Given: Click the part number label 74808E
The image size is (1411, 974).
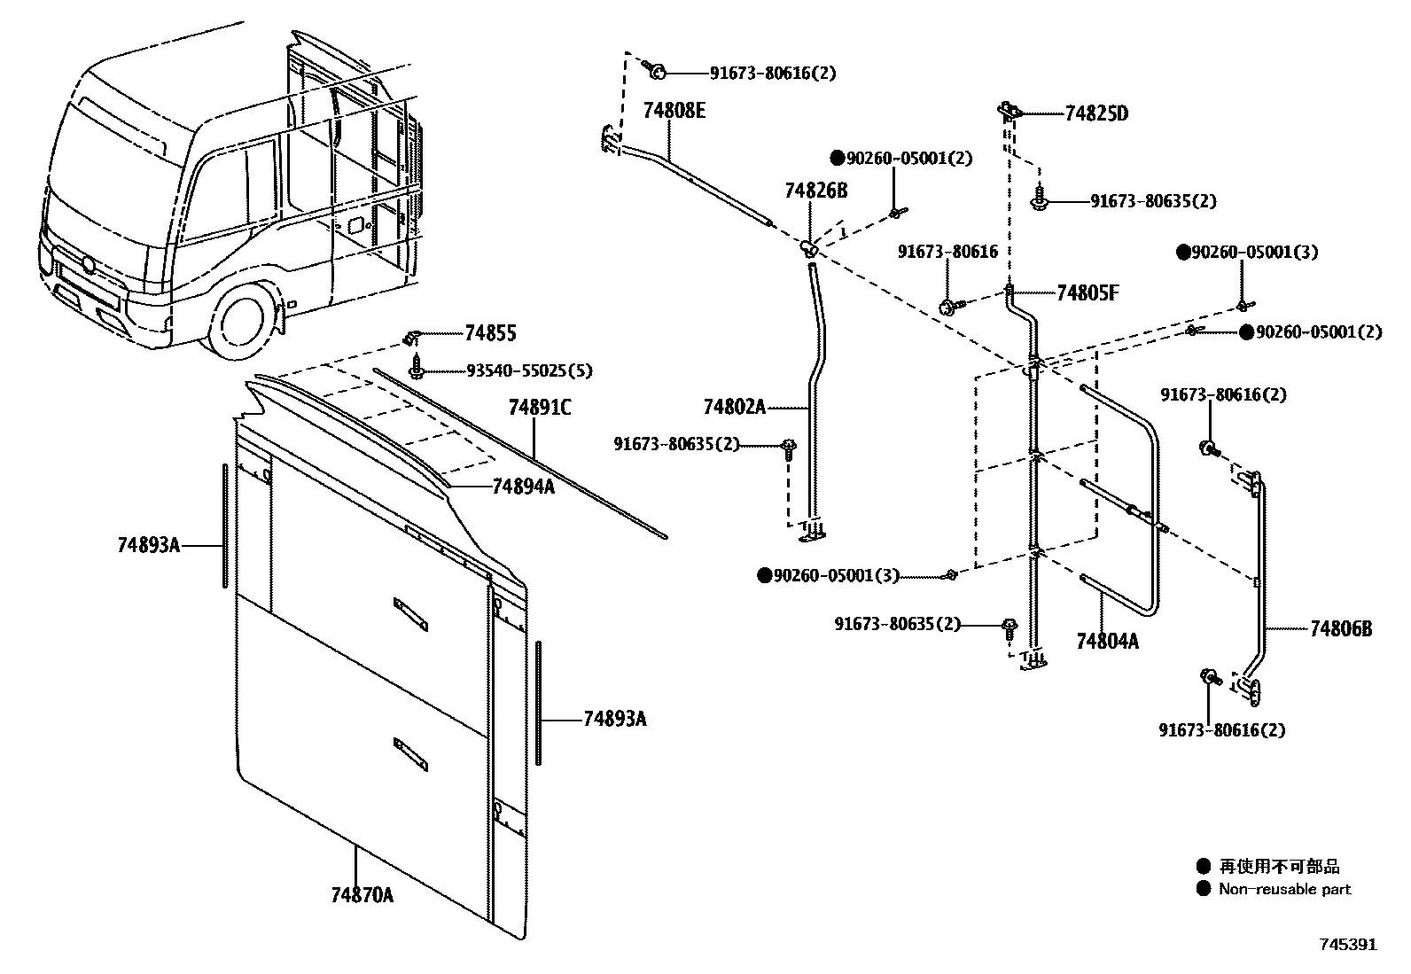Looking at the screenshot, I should (674, 111).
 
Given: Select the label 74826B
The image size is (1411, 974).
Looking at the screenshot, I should (815, 191).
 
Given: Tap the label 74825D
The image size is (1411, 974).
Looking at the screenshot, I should (1096, 113).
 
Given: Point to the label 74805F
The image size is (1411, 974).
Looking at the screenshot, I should (1087, 293).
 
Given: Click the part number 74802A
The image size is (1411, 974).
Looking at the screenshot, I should (734, 407).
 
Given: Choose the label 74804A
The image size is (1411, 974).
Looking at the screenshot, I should (1107, 641).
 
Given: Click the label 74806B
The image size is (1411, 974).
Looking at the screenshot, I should (1341, 628).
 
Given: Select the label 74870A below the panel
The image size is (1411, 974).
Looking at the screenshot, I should (362, 895).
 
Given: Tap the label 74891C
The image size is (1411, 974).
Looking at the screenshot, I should (540, 408).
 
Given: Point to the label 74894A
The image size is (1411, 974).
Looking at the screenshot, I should (523, 486).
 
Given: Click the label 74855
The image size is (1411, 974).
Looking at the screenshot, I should (490, 333).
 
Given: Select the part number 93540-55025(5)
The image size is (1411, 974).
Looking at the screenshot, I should (529, 370).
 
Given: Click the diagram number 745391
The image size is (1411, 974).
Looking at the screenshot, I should (1346, 945).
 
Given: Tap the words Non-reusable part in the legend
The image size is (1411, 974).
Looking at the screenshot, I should (1284, 889).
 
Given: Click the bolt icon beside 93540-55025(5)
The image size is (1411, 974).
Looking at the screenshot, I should (416, 366).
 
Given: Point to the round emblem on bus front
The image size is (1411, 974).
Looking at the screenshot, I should (88, 264).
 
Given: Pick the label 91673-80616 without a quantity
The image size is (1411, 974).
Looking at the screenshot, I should (947, 252).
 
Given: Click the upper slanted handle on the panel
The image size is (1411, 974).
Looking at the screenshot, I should (410, 613).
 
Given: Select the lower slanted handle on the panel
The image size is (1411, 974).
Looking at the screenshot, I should (410, 753).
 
